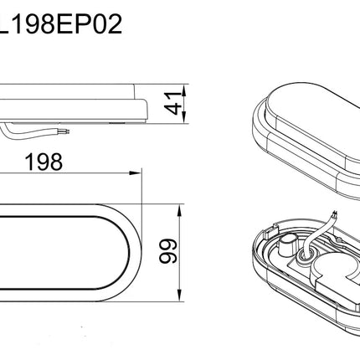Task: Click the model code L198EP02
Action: tap(60, 24)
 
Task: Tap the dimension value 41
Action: tap(173, 103)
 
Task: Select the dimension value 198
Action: tap(44, 162)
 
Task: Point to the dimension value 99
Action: tap(168, 251)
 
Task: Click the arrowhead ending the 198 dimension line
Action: tap(136, 173)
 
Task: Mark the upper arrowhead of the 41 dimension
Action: tap(184, 90)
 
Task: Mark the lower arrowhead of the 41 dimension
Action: tap(184, 117)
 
